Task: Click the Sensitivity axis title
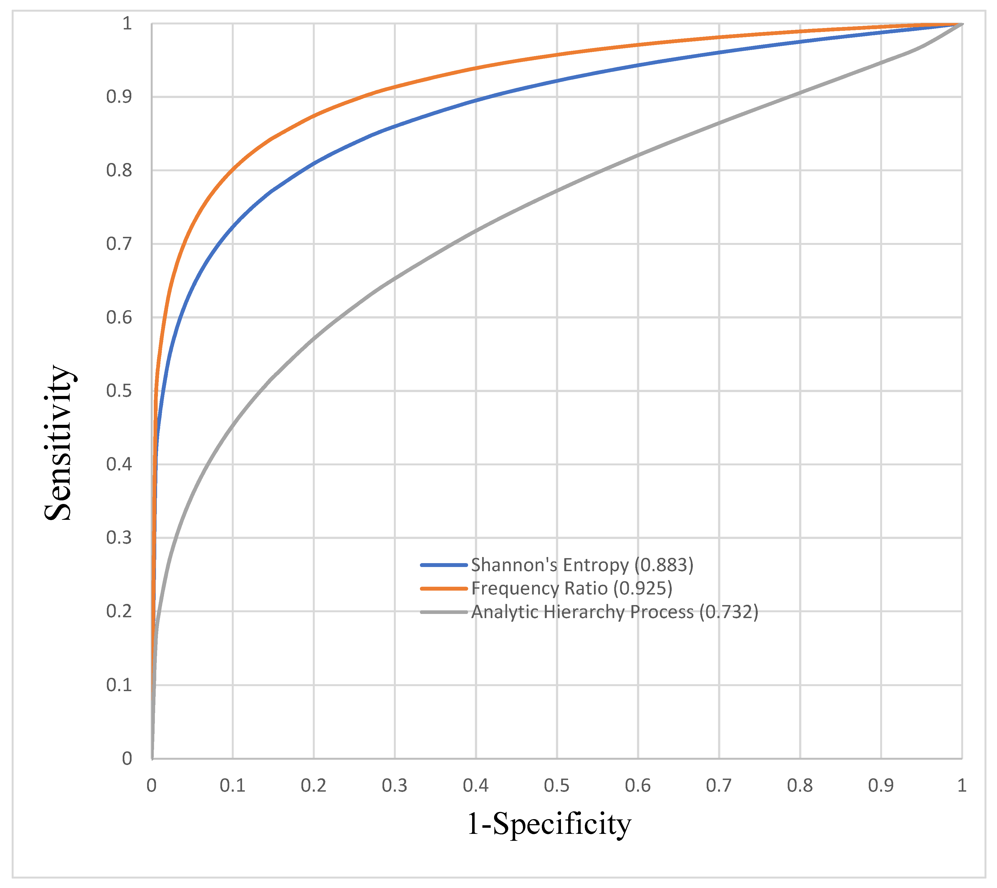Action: (x=59, y=443)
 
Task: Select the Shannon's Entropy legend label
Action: (x=582, y=565)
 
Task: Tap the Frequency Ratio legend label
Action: (x=572, y=588)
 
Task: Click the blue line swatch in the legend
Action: (x=444, y=565)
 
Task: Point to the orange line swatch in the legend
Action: (x=444, y=588)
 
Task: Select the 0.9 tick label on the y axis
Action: (x=119, y=97)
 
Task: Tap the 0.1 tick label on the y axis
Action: (x=119, y=685)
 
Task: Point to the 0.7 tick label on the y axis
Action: (x=119, y=244)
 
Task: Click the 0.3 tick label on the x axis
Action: (x=395, y=786)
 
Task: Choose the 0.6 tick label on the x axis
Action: (x=638, y=786)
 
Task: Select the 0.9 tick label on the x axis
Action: (x=880, y=786)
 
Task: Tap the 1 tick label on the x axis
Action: (x=962, y=786)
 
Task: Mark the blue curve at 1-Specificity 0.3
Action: (x=395, y=126)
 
